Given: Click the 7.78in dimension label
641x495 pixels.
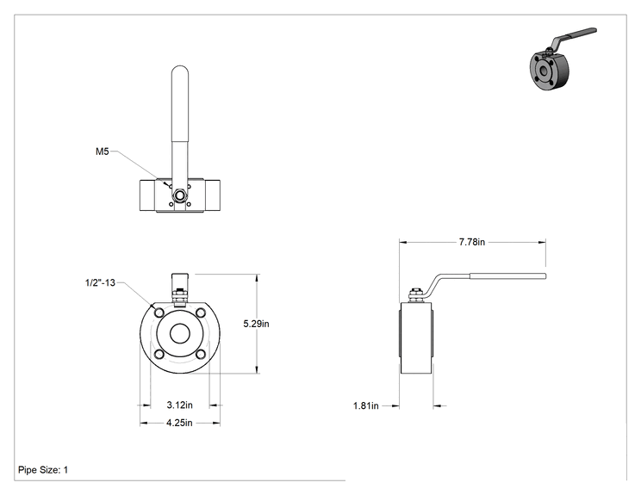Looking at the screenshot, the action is point(472,242).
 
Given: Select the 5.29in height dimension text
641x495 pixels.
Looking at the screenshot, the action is point(257,324).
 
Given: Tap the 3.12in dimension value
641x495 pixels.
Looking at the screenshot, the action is point(179,405).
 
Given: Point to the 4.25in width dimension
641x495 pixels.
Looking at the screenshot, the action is point(179,423).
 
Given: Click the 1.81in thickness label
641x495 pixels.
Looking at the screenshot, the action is point(366,406).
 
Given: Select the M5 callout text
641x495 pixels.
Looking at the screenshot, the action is point(103,152).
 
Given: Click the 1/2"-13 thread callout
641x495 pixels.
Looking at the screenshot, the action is point(100,282).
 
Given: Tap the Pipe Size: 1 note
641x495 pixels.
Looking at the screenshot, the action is point(43,470).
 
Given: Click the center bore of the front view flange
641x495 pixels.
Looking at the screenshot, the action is point(180,334).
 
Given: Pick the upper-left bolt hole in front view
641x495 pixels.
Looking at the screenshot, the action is point(159,313).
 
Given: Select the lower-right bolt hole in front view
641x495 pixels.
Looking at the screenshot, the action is point(200,355).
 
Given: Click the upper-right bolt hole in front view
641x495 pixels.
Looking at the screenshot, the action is point(200,313).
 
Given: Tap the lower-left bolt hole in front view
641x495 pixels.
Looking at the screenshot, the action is point(159,355).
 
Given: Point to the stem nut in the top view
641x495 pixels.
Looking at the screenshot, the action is point(180,195).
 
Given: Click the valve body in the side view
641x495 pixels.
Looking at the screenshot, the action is point(416,337).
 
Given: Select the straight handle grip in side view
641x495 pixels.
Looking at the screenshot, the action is point(507,276).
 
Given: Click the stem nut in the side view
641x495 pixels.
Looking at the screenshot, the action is point(415,295).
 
